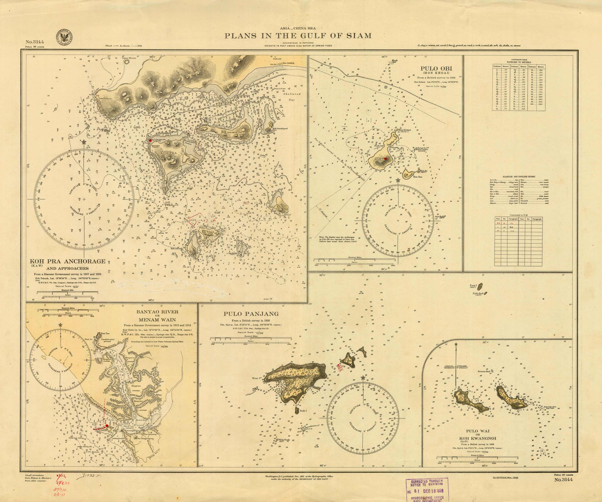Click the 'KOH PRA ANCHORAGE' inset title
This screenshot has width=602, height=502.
coord(68,261)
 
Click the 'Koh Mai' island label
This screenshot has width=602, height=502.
coord(281,206)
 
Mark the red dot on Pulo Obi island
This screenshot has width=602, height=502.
coord(386,159)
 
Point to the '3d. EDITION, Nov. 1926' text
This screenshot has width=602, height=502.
coord(504,478)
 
